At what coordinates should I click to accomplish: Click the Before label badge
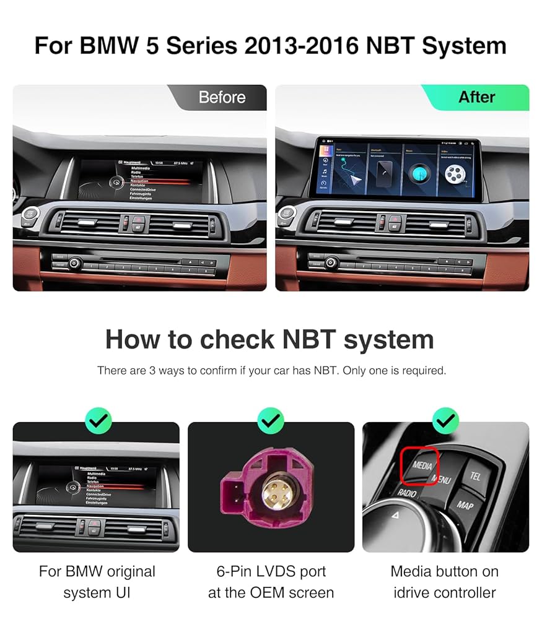(x=222, y=97)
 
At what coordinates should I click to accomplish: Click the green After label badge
(x=476, y=97)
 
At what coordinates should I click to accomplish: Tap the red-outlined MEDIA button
(x=421, y=465)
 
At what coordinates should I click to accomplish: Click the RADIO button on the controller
(x=406, y=493)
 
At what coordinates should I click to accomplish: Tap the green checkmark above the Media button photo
(x=445, y=422)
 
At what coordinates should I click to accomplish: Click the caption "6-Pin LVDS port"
(x=271, y=571)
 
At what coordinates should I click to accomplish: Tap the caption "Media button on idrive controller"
(x=445, y=582)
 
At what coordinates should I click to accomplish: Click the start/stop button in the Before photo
(x=29, y=215)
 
